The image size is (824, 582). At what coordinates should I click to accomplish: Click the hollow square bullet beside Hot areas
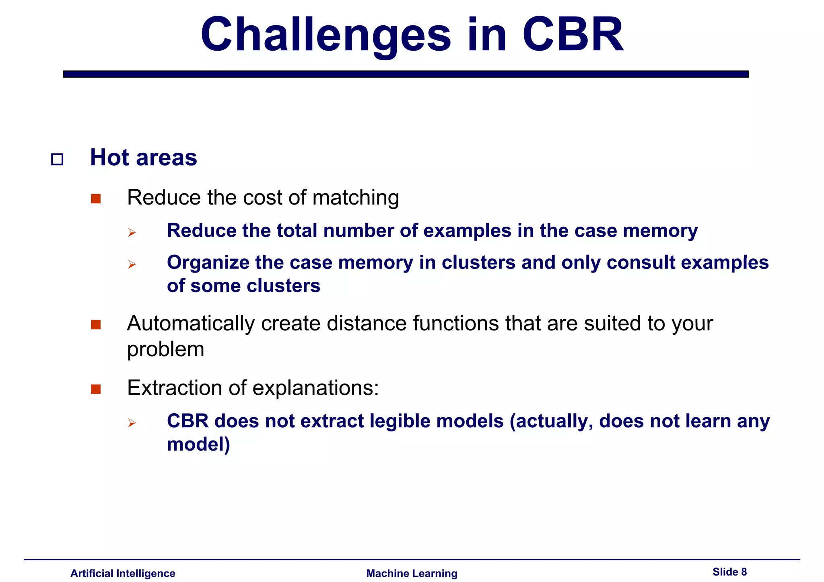pos(57,160)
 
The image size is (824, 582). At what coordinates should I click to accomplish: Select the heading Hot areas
pos(143,157)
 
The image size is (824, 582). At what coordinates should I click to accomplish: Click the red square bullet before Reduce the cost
pos(96,199)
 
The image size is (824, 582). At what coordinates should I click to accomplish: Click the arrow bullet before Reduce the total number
pos(132,232)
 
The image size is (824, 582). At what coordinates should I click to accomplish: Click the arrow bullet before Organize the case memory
pos(132,264)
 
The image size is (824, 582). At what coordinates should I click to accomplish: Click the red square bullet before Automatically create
pos(96,324)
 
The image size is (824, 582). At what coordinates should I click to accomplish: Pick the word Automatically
pos(191,323)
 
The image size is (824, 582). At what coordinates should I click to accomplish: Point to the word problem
pos(165,349)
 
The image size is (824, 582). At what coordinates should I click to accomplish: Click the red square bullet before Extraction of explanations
pos(96,389)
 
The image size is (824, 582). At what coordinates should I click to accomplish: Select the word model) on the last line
pos(198,445)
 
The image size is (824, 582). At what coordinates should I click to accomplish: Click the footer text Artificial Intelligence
pos(123,573)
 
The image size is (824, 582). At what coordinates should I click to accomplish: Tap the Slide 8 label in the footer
pos(729,572)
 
